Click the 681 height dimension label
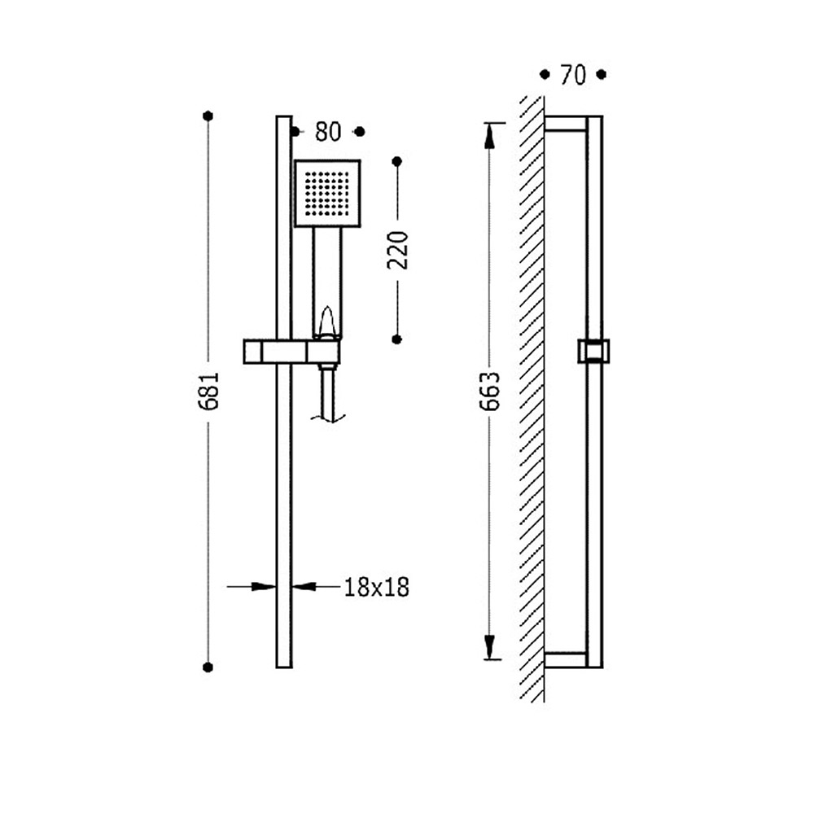tap(210, 391)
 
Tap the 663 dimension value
tap(489, 391)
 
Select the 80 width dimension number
tap(328, 132)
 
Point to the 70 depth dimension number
tap(573, 75)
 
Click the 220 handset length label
tap(398, 250)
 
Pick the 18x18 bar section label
tap(377, 587)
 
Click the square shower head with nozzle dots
tap(327, 194)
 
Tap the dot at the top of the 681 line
tap(208, 116)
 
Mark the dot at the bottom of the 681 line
tap(208, 667)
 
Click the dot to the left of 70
tap(545, 75)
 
